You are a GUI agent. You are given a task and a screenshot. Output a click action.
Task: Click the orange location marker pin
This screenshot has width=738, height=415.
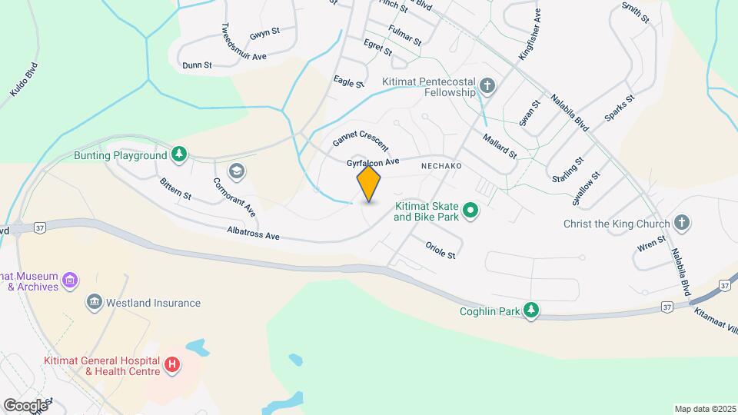point(369,184)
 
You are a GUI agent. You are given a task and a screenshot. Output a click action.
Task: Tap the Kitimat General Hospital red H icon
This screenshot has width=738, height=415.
point(172,364)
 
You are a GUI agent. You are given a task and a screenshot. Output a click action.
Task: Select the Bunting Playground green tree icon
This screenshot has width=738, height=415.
point(179,155)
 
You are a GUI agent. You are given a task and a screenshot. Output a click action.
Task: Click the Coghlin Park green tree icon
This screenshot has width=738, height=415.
point(530,310)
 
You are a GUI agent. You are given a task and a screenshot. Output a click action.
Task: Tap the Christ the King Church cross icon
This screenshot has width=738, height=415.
point(681,224)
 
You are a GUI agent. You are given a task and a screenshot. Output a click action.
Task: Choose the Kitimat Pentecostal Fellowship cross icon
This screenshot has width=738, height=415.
point(487,85)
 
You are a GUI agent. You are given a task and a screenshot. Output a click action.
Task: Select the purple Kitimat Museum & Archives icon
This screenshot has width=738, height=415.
point(70,279)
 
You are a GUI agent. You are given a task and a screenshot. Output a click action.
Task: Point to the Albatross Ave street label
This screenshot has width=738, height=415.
point(253,234)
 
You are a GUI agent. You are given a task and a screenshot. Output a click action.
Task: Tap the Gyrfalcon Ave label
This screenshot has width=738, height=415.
point(374,163)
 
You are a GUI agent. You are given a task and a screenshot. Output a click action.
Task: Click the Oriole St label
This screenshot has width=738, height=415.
point(440,250)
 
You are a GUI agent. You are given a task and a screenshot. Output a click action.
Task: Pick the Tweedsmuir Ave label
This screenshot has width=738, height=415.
point(244,41)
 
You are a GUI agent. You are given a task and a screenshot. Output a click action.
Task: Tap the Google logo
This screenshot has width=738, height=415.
point(25,405)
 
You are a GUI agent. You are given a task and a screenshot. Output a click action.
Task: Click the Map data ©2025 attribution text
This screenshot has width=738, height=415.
point(703,408)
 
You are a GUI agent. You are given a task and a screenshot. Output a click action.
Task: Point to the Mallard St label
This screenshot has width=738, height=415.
point(500,145)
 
